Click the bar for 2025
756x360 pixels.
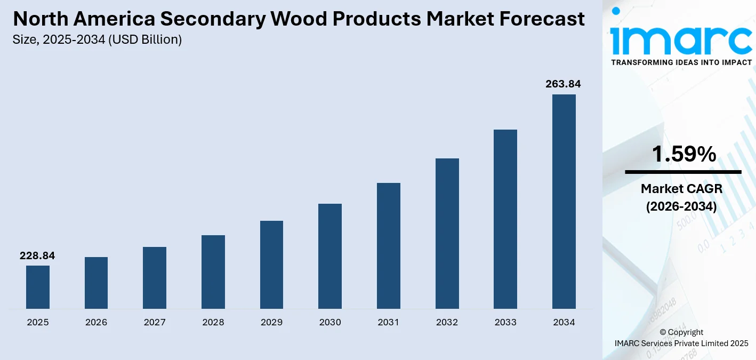(37, 287)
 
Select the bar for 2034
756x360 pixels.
(564, 202)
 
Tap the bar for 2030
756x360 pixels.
(330, 256)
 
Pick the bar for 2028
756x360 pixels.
(213, 272)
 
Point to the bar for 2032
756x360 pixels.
(447, 234)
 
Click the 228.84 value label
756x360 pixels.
(37, 256)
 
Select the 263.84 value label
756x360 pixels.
(563, 84)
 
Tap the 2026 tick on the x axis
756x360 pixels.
(96, 322)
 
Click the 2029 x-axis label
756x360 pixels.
(271, 322)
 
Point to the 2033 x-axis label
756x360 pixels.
(505, 322)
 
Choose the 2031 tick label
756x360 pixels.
(388, 322)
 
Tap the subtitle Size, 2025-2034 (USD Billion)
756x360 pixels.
(98, 39)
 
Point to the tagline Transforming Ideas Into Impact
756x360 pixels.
(681, 62)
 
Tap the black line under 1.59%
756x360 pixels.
(683, 172)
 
